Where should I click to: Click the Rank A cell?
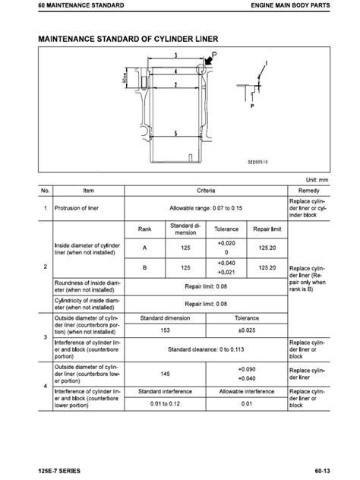[145, 248]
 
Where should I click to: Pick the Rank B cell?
[145, 267]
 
